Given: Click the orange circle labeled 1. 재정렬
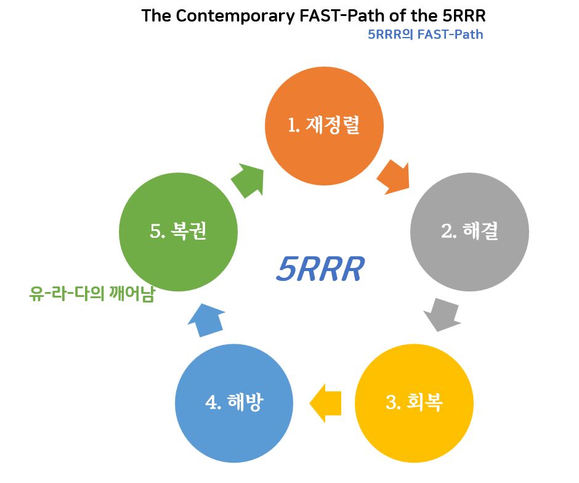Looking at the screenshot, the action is tap(324, 126).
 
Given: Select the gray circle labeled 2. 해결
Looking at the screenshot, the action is tap(469, 232).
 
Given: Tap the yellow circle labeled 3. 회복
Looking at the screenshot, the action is tap(414, 404).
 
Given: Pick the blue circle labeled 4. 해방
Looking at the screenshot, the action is tap(234, 404).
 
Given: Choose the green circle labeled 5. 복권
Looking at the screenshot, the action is tap(179, 232).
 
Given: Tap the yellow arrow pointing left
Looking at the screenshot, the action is tap(325, 404).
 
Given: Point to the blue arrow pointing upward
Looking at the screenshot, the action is tap(206, 320).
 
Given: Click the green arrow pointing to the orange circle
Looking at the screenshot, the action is tap(248, 181).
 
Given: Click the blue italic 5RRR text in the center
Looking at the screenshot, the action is tap(320, 269).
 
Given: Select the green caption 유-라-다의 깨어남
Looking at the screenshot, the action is tap(92, 294).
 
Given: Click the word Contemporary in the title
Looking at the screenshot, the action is tap(235, 16).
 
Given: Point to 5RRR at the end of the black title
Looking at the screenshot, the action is tap(463, 16).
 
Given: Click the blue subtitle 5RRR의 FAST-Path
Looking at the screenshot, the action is tap(426, 34).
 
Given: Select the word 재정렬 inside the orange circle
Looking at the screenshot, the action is tap(333, 125).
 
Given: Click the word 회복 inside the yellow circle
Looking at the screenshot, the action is tap(424, 402).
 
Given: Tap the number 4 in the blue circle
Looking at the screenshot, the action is tap(211, 402).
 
